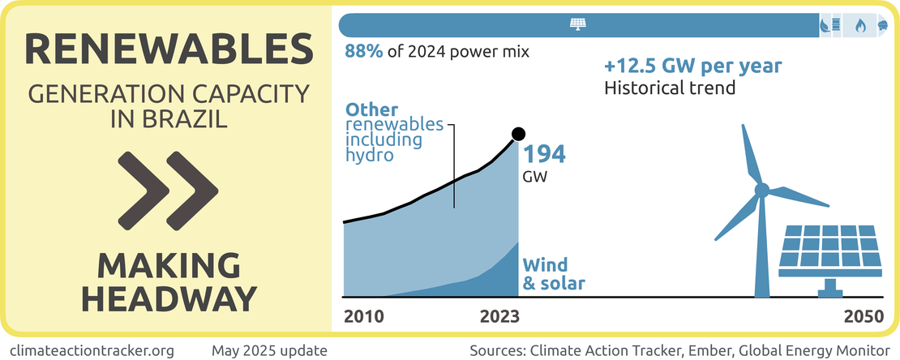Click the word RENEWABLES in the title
(x=169, y=50)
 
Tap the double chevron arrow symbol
(x=168, y=189)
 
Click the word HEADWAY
(x=169, y=298)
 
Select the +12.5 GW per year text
(x=692, y=66)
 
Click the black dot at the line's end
(x=519, y=134)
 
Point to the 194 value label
(x=543, y=154)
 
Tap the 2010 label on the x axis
(x=364, y=315)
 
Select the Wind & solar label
(x=555, y=274)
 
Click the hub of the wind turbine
(x=761, y=191)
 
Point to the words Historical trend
(x=670, y=88)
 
